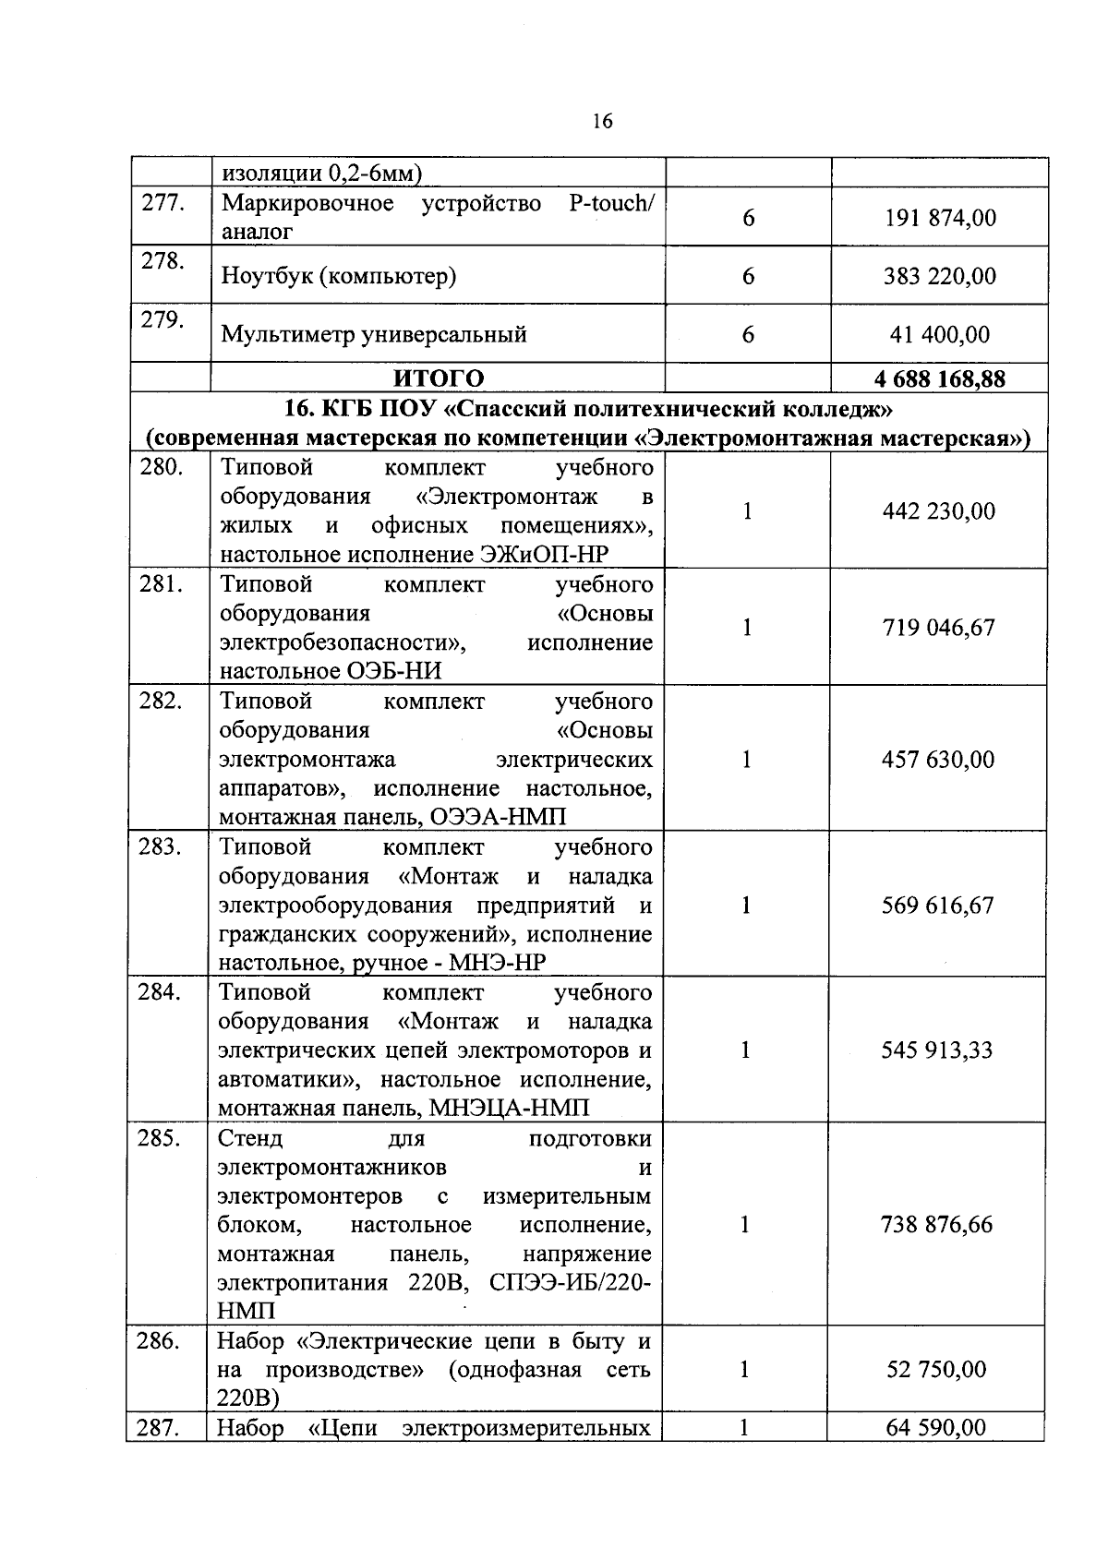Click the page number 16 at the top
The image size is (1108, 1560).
(601, 121)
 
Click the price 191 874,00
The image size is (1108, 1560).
(939, 219)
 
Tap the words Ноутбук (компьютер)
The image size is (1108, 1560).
(338, 276)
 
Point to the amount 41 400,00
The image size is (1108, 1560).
(939, 334)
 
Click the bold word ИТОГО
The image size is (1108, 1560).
(439, 378)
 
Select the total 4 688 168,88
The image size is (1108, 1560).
(939, 378)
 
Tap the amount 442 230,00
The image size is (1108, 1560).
(938, 510)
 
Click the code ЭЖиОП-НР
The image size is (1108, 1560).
(545, 555)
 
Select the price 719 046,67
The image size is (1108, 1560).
(938, 628)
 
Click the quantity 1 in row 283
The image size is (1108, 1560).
(746, 906)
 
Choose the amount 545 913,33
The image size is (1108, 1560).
(936, 1050)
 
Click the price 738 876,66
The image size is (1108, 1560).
(936, 1225)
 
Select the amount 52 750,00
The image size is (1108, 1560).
(936, 1370)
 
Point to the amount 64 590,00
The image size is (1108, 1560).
(935, 1428)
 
